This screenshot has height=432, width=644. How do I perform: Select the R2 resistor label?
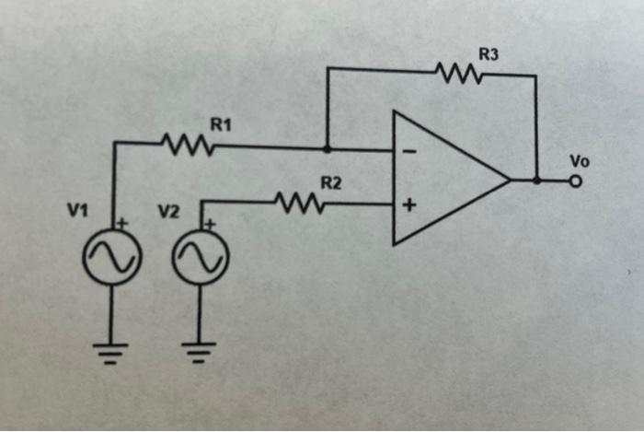(x=330, y=183)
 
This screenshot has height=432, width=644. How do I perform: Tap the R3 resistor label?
(x=489, y=55)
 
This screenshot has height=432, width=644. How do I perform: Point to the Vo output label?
(x=578, y=161)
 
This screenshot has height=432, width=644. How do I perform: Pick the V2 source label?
(x=167, y=212)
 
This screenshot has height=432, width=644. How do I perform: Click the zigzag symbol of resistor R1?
(x=188, y=145)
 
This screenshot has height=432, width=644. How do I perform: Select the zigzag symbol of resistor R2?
(x=298, y=203)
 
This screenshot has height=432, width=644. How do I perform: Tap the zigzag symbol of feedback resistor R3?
(x=456, y=71)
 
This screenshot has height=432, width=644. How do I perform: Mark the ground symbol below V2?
(x=198, y=350)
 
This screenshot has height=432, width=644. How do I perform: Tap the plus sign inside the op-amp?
(x=408, y=206)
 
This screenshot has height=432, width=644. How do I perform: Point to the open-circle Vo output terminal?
(x=577, y=181)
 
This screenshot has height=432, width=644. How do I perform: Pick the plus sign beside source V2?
(x=209, y=222)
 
